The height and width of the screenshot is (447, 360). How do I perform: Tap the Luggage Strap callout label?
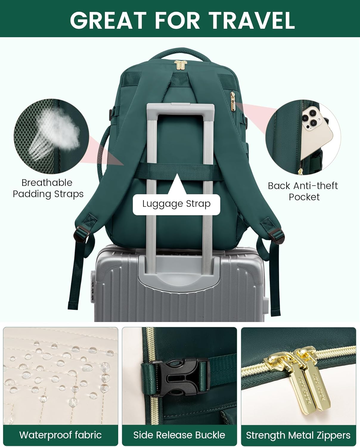click(x=176, y=204)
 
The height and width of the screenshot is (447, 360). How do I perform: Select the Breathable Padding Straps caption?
click(x=48, y=188)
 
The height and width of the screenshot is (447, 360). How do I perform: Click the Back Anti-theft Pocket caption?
click(x=303, y=191)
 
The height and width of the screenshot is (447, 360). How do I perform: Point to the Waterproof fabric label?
click(x=60, y=435)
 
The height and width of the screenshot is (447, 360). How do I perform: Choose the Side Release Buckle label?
click(x=179, y=435)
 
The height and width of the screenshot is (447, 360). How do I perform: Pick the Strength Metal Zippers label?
click(x=298, y=435)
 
